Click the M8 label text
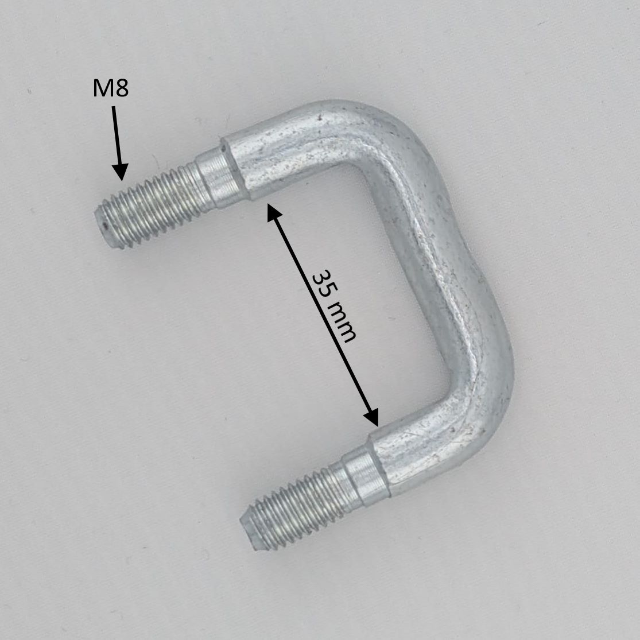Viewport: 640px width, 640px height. click(111, 88)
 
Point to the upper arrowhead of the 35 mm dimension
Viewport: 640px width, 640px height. click(275, 212)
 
